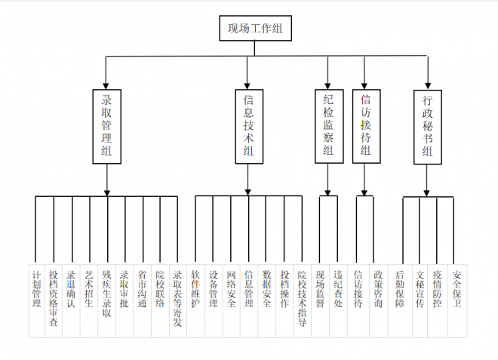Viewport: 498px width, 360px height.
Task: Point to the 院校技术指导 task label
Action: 302,297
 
